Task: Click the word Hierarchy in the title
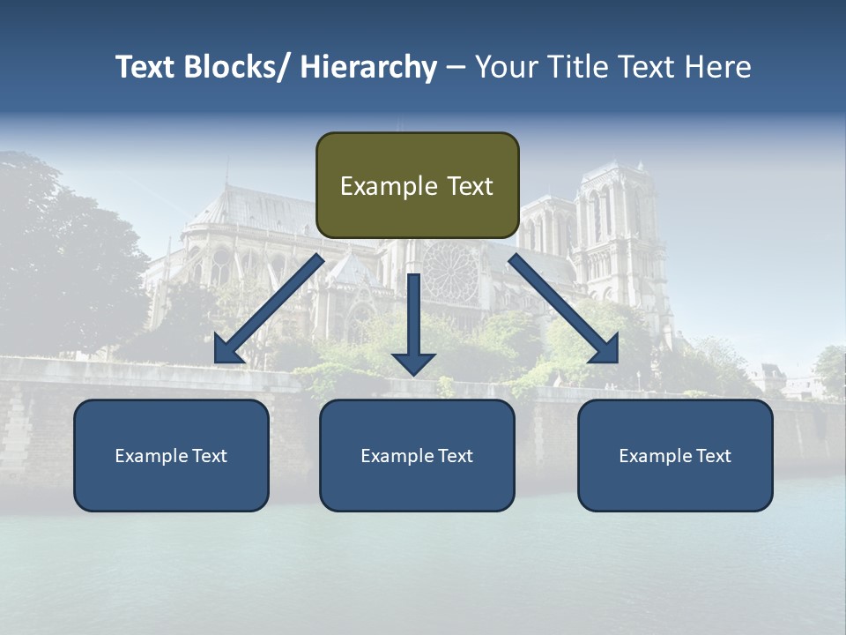coord(368,67)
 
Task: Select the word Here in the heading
coord(717,67)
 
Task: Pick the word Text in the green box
coord(469,186)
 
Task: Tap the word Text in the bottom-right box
coord(712,456)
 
